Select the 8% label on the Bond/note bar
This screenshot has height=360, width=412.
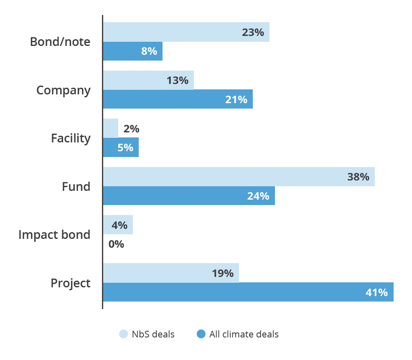(149, 51)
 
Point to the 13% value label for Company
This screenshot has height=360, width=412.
(178, 80)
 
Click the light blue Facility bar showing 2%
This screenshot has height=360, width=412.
(111, 128)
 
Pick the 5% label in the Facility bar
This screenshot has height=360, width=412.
(125, 147)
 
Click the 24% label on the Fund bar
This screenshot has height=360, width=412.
(258, 196)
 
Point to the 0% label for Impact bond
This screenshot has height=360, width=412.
(116, 244)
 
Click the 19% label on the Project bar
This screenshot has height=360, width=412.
(223, 273)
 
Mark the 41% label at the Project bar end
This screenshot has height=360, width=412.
(376, 292)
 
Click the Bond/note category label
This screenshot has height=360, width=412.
(60, 42)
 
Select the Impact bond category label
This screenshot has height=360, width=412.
(54, 235)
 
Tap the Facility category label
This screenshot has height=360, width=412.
(71, 138)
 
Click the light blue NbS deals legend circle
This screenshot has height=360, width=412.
(123, 334)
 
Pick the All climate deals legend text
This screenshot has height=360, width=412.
(244, 334)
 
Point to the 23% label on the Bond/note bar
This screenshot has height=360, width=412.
(253, 32)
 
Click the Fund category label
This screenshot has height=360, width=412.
(76, 187)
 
